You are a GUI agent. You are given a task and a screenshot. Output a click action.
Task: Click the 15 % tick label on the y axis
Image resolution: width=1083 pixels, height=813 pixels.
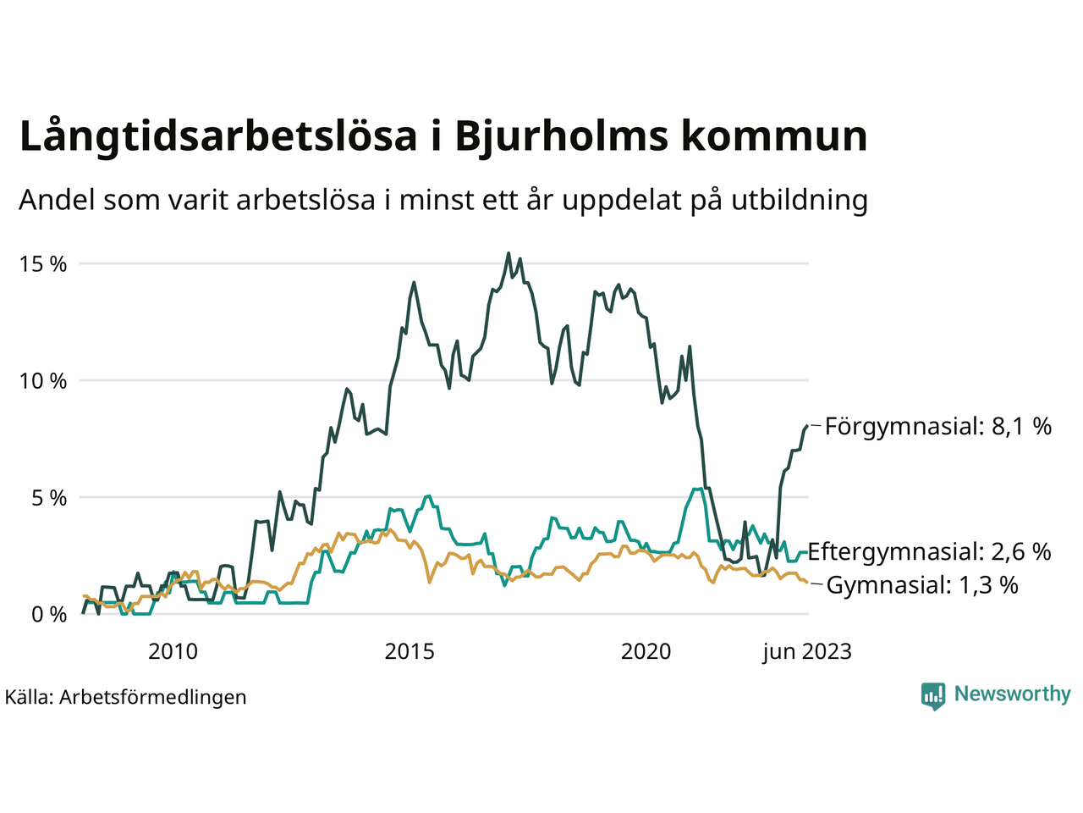tap(42, 264)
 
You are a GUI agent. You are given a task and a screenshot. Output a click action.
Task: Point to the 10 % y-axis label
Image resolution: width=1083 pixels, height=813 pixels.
tap(42, 381)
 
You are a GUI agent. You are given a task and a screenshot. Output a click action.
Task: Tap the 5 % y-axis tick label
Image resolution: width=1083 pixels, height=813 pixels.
tap(47, 498)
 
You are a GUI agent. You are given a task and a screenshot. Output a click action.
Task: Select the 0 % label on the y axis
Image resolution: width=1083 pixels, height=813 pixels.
tap(47, 615)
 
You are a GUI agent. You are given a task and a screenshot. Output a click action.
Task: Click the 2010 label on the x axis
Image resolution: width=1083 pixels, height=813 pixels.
tap(173, 651)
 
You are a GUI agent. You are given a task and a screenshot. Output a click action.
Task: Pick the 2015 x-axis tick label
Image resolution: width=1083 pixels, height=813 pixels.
tap(410, 651)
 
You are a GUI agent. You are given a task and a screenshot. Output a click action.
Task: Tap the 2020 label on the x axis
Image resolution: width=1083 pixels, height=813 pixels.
tap(646, 651)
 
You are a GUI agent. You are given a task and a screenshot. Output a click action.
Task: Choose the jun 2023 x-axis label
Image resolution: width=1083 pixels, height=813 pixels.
tap(806, 651)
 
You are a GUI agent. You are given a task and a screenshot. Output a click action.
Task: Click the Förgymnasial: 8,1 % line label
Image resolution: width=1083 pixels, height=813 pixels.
tap(937, 426)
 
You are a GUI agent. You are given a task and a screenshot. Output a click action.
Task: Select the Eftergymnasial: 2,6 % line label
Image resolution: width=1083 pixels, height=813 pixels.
tap(929, 552)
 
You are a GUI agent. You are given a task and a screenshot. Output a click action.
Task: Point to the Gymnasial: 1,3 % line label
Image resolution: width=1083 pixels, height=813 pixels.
tap(922, 585)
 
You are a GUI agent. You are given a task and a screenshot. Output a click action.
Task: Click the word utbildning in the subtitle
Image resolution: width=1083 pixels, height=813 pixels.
tap(800, 200)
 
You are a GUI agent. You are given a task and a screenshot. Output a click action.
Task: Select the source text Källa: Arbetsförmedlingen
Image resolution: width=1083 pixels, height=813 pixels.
tap(125, 697)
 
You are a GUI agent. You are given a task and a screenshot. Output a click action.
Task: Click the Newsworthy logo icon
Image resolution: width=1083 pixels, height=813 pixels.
tap(933, 695)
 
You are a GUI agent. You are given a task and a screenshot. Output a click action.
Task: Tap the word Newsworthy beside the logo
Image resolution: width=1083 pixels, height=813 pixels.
tap(1012, 694)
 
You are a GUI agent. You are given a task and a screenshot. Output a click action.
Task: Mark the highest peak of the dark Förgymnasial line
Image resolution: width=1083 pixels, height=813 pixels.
tap(509, 252)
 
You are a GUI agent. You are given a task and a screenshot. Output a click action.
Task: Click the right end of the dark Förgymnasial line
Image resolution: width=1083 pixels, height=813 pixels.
tap(807, 425)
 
